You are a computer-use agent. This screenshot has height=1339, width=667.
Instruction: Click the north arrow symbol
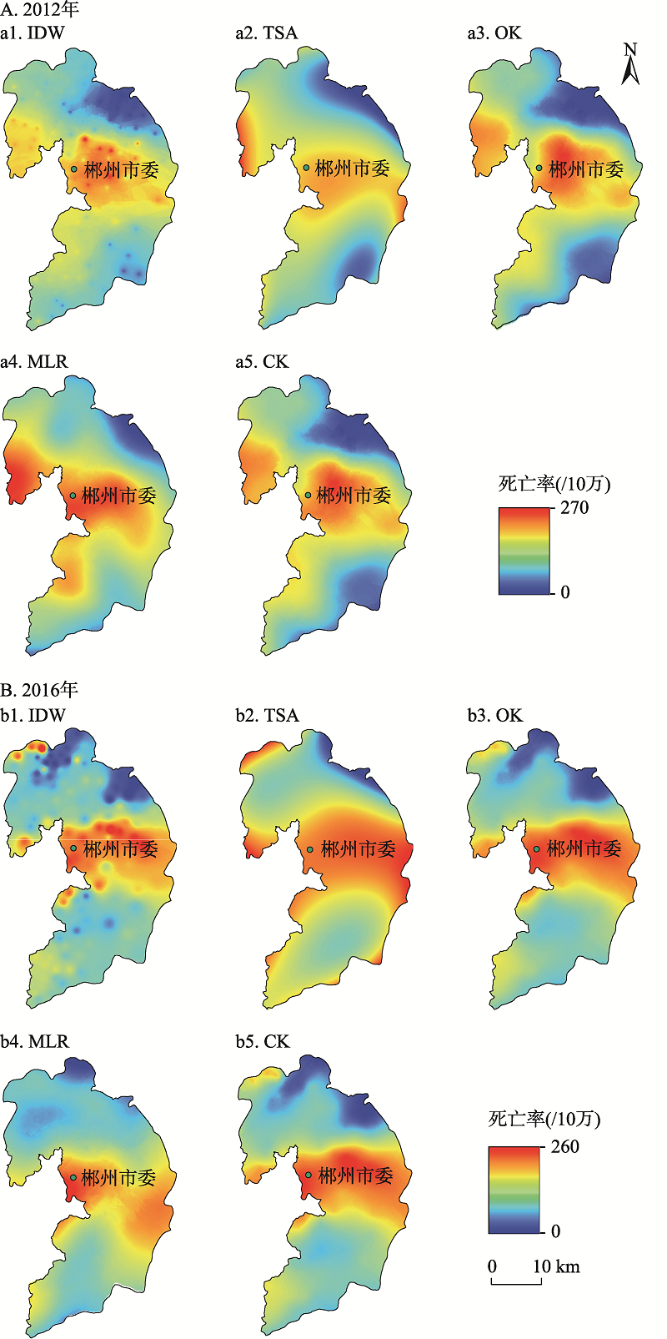click(x=630, y=64)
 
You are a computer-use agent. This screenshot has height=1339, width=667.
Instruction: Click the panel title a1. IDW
click(x=33, y=33)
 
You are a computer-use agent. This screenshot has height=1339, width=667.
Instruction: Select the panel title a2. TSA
click(x=266, y=33)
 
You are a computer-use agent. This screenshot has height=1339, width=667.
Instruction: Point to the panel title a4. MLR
click(x=34, y=362)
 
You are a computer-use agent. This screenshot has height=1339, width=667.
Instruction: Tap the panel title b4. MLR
click(x=35, y=1041)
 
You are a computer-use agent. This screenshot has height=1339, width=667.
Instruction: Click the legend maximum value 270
click(x=574, y=508)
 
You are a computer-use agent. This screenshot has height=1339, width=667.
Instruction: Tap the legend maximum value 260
click(x=564, y=1146)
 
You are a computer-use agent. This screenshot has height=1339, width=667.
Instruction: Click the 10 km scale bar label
click(x=556, y=1266)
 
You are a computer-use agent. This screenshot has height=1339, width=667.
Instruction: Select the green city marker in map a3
click(x=539, y=168)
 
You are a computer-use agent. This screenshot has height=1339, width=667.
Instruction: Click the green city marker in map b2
click(x=309, y=848)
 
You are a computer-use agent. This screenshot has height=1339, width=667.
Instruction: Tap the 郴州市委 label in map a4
click(x=118, y=496)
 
